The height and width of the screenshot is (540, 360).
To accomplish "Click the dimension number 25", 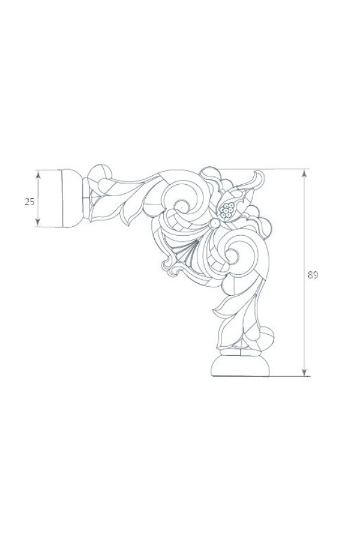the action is click(x=29, y=202).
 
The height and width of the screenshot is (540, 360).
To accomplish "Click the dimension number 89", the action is click(x=313, y=275).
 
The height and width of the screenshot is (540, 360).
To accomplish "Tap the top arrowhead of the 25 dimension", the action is click(x=38, y=175).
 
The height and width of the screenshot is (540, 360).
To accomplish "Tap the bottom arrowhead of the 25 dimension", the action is click(x=38, y=222).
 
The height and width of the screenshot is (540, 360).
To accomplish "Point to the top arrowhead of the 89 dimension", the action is click(x=304, y=173).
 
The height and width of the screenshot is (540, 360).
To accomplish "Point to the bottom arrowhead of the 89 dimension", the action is click(x=304, y=371).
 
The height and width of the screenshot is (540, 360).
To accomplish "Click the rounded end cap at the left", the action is click(x=71, y=199).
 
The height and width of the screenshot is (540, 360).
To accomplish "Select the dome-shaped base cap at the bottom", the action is click(x=240, y=366).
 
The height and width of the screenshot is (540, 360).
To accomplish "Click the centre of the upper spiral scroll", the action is click(x=180, y=208).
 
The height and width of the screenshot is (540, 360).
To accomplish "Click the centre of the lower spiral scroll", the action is click(x=229, y=256).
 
